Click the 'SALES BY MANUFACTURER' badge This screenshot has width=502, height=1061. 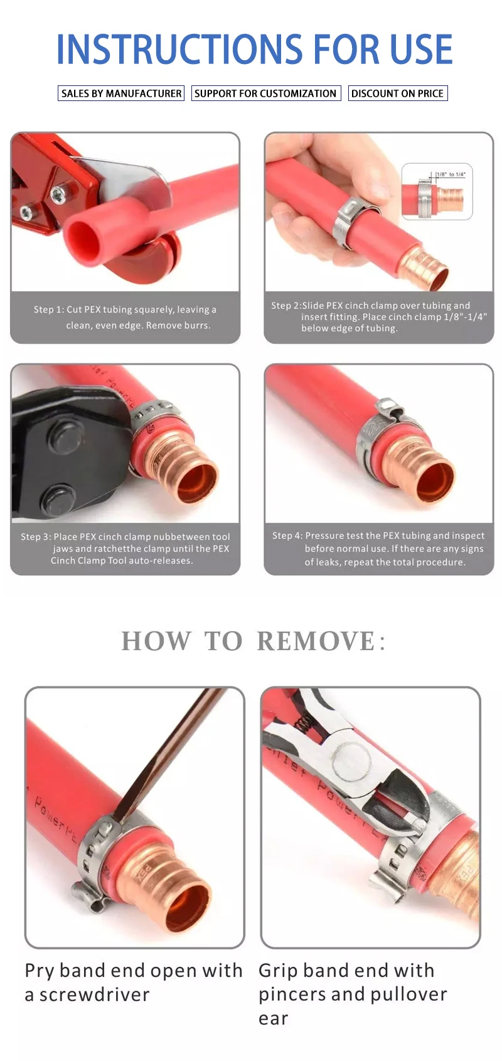(121, 93)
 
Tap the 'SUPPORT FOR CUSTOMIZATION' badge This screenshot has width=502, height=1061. (265, 93)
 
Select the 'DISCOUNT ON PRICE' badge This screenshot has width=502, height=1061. (397, 93)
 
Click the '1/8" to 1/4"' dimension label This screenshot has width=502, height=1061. (451, 174)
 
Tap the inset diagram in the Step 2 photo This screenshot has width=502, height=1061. (437, 191)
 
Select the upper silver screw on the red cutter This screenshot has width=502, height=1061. (57, 192)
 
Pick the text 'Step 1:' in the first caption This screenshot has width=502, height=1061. (49, 310)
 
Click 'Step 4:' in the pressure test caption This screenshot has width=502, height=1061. (287, 536)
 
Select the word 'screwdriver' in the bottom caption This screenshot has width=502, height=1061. (94, 994)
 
